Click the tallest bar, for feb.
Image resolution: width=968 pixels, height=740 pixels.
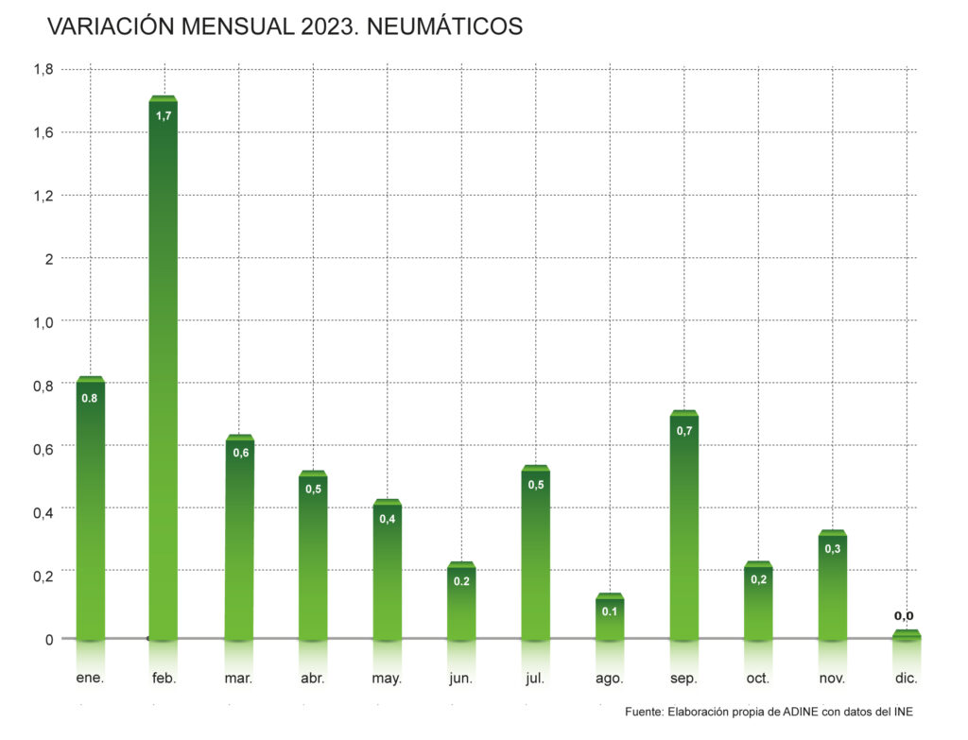164,369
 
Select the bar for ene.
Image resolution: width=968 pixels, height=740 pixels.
90,510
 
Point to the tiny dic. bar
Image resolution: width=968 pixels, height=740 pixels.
906,635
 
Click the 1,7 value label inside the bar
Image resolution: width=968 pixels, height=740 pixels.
164,115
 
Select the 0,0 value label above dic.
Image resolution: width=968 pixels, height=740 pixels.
904,616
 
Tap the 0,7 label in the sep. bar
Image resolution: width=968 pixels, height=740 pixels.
683,431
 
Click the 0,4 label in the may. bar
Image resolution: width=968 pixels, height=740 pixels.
388,519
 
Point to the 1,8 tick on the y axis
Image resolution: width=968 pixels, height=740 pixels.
43,69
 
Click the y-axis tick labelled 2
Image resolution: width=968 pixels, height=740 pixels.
49,258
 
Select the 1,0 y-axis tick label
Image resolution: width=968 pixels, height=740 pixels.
43,321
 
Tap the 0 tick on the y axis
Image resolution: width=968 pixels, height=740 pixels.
49,639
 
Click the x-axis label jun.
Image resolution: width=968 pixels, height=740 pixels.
461,679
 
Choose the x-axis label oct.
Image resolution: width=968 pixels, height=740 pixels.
758,679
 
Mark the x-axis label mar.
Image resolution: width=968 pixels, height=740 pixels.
238,679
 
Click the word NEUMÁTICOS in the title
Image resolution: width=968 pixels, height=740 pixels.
443,27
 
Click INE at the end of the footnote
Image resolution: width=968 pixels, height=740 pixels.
904,712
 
